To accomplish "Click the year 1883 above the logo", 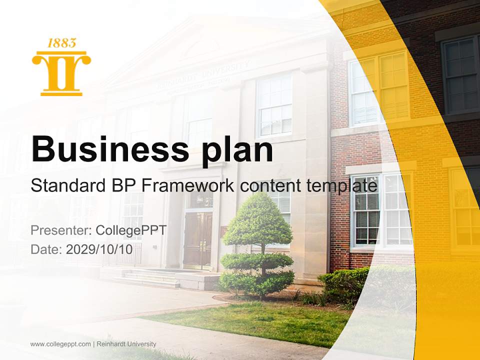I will click(61, 43).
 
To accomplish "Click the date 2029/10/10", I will click(99, 249).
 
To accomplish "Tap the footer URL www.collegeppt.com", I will click(60, 344).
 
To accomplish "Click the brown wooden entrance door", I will click(197, 240).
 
